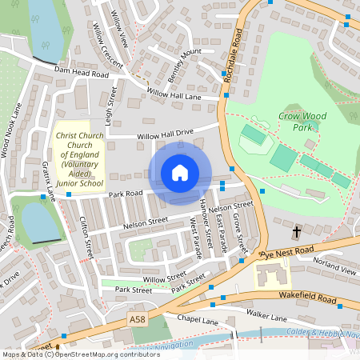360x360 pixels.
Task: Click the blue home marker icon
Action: coord(180,172)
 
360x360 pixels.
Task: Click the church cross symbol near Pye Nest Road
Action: coord(297,232)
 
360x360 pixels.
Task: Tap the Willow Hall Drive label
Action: coord(166,134)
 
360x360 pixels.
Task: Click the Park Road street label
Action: coord(126,194)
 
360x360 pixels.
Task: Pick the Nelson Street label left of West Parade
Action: coord(146,222)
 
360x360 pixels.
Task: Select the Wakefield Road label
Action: coord(307,296)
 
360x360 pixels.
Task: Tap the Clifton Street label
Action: coord(86,238)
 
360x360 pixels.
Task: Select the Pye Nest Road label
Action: coord(289,252)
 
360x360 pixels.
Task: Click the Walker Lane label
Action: coord(266,317)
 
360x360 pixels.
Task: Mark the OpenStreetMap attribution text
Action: coord(80,354)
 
